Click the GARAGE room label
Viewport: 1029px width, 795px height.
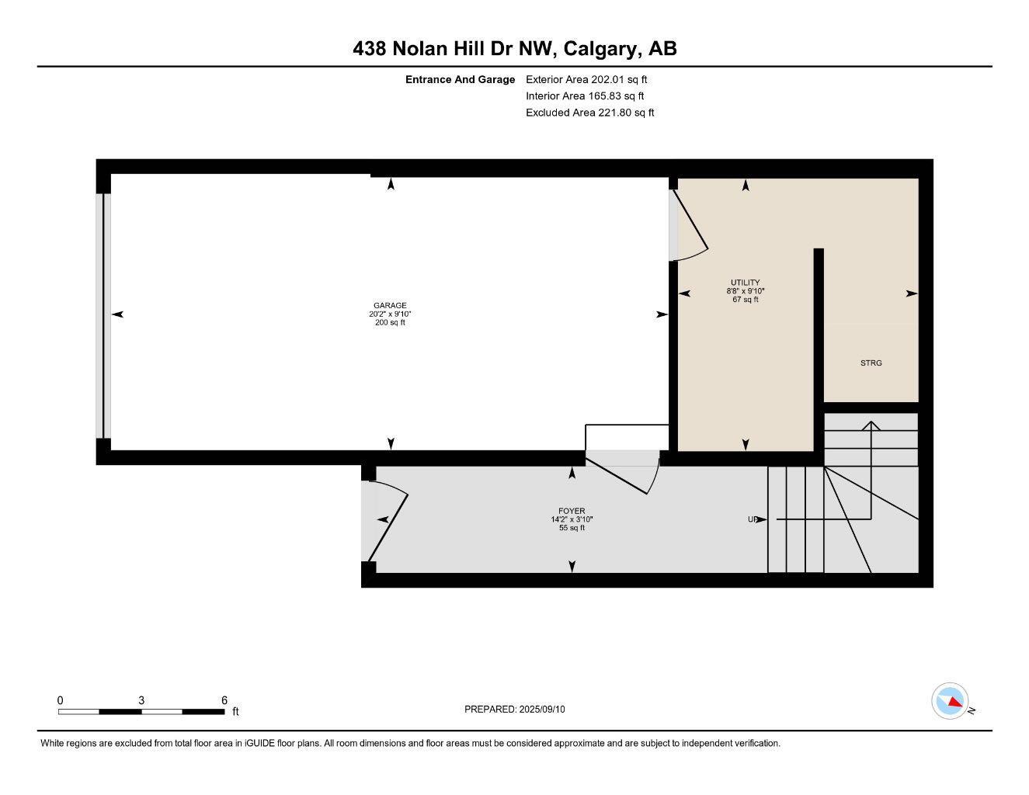(x=390, y=305)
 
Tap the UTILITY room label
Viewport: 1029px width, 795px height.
(x=745, y=283)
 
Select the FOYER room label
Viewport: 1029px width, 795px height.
(x=572, y=511)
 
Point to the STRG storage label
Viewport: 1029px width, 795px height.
(x=871, y=363)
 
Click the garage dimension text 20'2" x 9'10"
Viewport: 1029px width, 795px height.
(x=390, y=314)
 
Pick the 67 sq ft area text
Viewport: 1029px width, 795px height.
(x=745, y=300)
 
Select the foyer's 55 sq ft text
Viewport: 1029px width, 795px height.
(x=572, y=528)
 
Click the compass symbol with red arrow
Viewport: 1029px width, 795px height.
(x=949, y=701)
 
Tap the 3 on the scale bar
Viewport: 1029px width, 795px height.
(x=141, y=700)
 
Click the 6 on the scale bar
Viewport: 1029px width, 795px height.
(x=224, y=700)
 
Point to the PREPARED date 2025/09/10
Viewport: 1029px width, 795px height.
(x=514, y=709)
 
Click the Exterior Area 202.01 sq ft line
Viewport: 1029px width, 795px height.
(x=586, y=79)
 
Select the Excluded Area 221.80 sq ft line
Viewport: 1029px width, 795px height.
(x=589, y=113)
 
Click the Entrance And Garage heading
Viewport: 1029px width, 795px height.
(x=460, y=79)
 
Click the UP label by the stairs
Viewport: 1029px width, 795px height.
(x=753, y=519)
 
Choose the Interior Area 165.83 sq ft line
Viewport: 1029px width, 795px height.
(x=585, y=96)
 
